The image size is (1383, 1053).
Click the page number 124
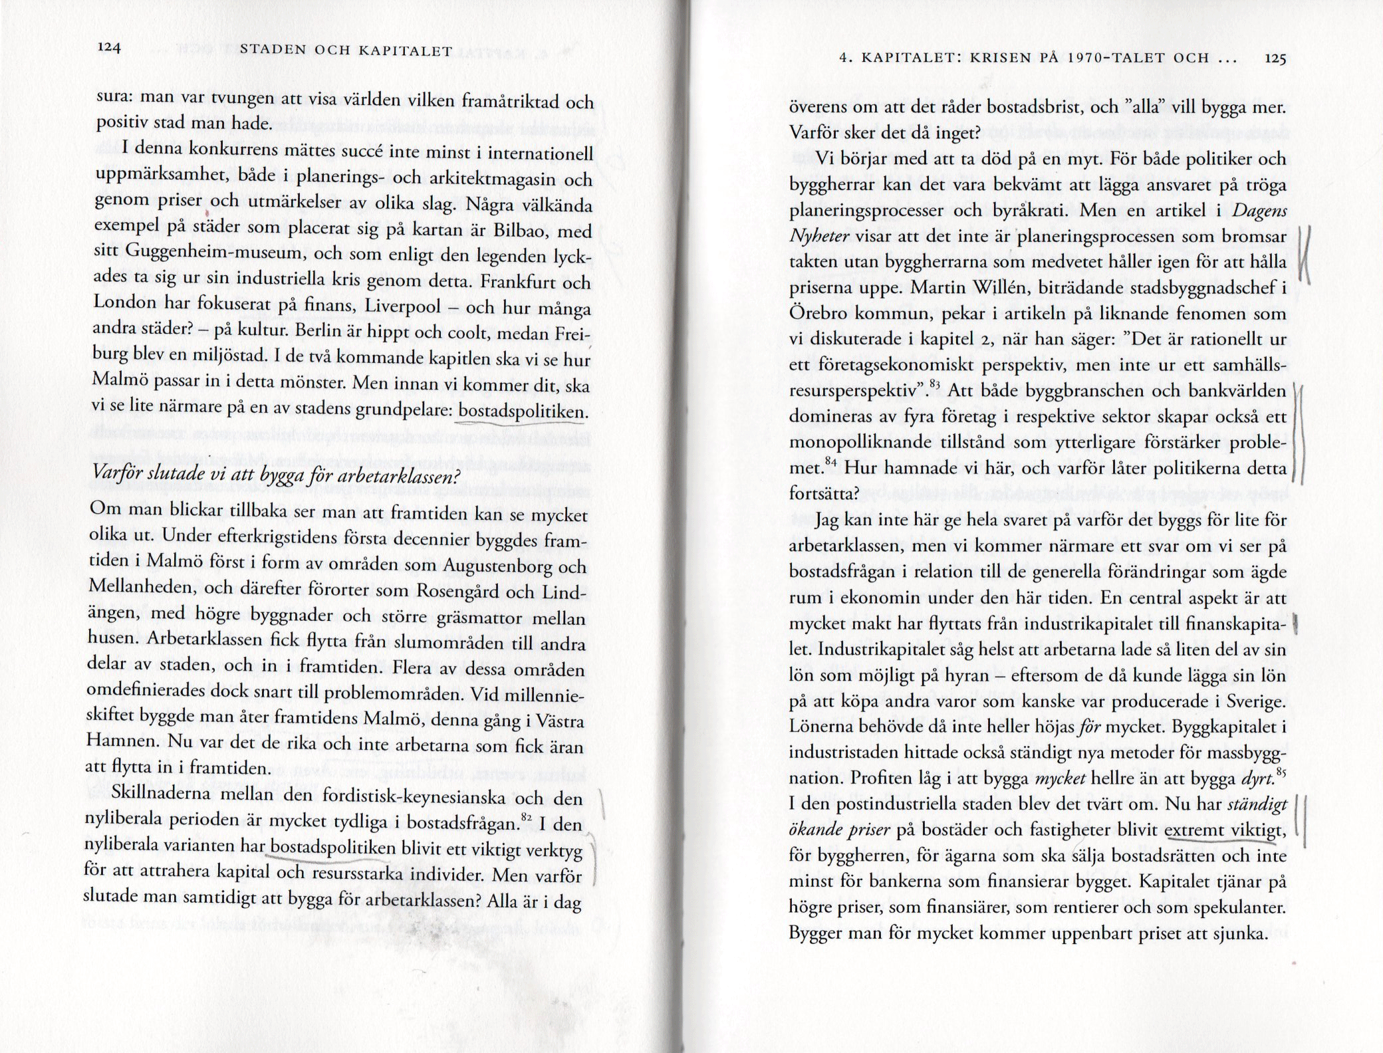coord(108,49)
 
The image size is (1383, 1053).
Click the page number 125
coord(1275,58)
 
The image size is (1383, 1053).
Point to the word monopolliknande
coord(870,442)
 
